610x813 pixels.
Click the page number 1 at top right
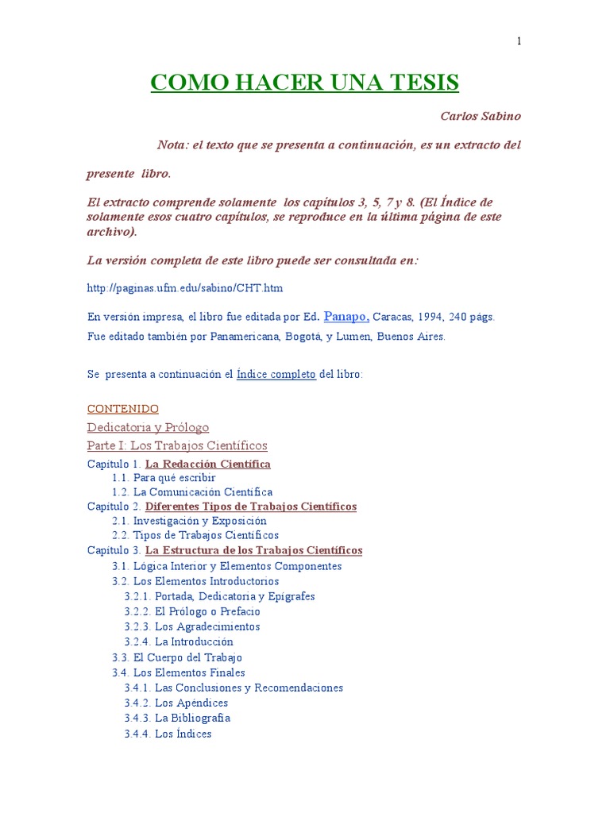point(519,42)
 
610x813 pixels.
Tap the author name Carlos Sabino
point(481,116)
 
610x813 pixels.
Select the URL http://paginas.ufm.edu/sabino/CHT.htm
point(184,287)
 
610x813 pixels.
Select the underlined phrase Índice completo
point(276,374)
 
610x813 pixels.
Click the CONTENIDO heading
point(122,409)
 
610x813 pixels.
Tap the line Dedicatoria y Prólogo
point(148,427)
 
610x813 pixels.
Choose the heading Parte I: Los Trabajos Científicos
point(176,445)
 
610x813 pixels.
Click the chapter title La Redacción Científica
point(208,464)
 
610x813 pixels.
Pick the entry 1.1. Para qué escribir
point(164,478)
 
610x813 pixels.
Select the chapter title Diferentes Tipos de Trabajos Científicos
point(251,507)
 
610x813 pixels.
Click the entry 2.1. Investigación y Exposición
point(189,521)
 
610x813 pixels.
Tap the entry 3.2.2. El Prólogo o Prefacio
point(192,611)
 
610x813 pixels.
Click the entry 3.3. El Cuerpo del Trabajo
point(177,657)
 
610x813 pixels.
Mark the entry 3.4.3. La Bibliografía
point(177,718)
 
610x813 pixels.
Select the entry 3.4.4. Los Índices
point(168,734)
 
